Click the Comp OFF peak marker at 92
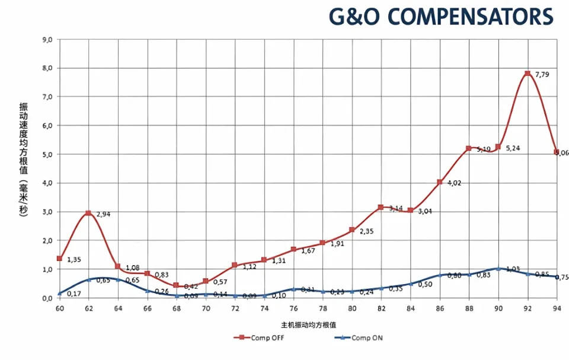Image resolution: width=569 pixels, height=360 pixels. [x=527, y=74]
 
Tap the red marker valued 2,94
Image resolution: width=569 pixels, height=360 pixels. [x=88, y=213]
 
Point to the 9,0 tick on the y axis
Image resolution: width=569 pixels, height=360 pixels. [x=47, y=40]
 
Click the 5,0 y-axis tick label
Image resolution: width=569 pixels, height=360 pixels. [x=47, y=154]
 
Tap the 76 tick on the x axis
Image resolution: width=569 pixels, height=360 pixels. [x=293, y=310]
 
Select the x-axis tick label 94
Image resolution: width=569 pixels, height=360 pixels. [x=557, y=310]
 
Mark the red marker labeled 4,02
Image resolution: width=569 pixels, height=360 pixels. [x=439, y=182]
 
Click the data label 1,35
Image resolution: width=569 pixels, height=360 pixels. [x=74, y=260]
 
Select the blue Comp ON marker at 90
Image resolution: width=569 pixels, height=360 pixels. [x=498, y=269]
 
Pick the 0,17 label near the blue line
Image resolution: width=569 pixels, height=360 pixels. [x=74, y=294]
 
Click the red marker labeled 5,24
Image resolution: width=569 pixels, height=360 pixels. [x=498, y=146]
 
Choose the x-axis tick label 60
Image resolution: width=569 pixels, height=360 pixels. [x=59, y=310]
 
